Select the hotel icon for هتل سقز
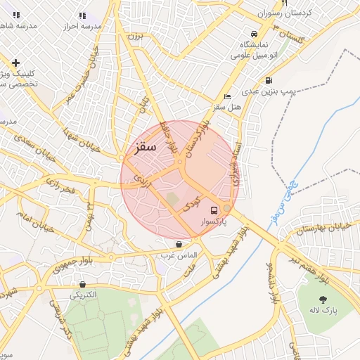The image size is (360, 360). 226,96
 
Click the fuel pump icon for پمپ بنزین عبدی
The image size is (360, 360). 269,81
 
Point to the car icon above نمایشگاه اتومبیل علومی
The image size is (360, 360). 253,33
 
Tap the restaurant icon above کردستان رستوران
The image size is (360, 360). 284,4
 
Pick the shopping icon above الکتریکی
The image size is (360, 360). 83,285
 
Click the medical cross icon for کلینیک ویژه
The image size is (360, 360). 15,63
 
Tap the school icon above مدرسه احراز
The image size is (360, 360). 83,15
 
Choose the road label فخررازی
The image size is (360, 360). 59,187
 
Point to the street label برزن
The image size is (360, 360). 136,36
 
